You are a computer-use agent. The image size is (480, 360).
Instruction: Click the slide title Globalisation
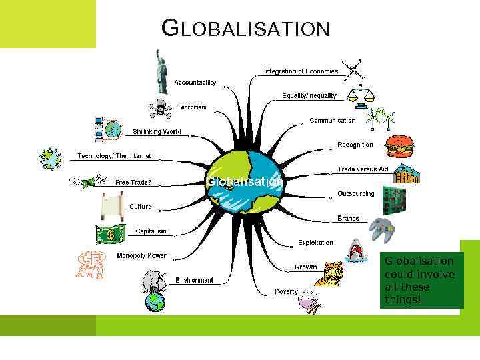[x=246, y=29]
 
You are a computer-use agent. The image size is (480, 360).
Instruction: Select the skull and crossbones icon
[x=160, y=108]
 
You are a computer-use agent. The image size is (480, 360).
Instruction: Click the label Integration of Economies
[x=301, y=71]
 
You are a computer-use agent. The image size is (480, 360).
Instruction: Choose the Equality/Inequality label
[x=309, y=95]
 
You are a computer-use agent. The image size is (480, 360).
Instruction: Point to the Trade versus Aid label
[x=362, y=169]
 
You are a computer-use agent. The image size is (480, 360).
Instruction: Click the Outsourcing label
[x=355, y=193]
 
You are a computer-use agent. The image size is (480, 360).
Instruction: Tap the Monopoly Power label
[x=141, y=255]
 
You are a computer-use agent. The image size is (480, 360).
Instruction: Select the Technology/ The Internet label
[x=114, y=156]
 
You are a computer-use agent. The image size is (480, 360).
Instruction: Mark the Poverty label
[x=287, y=291]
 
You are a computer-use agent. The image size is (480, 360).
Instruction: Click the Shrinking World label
[x=157, y=131]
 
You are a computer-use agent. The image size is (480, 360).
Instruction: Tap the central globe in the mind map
[x=243, y=181]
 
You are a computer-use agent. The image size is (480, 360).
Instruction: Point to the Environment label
[x=194, y=280]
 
